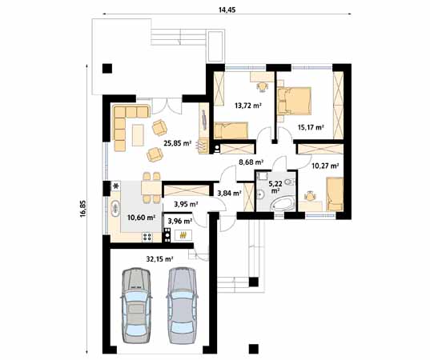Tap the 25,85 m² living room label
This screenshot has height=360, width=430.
177,144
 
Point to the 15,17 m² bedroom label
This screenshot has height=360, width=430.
310,127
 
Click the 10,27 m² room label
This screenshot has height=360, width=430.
325,166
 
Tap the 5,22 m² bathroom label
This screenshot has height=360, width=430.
275,187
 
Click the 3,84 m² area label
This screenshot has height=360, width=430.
229,192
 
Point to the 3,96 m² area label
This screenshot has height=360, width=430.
179,221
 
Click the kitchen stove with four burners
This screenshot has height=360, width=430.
146,235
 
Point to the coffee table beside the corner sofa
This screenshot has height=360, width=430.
138,131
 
